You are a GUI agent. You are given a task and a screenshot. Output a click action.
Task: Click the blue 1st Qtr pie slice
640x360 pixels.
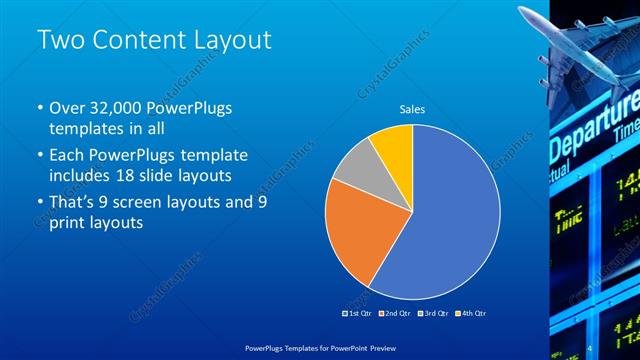(445, 220)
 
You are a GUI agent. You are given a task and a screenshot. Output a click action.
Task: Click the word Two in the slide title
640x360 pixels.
(59, 41)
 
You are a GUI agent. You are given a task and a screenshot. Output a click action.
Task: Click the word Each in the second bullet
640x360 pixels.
(69, 154)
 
